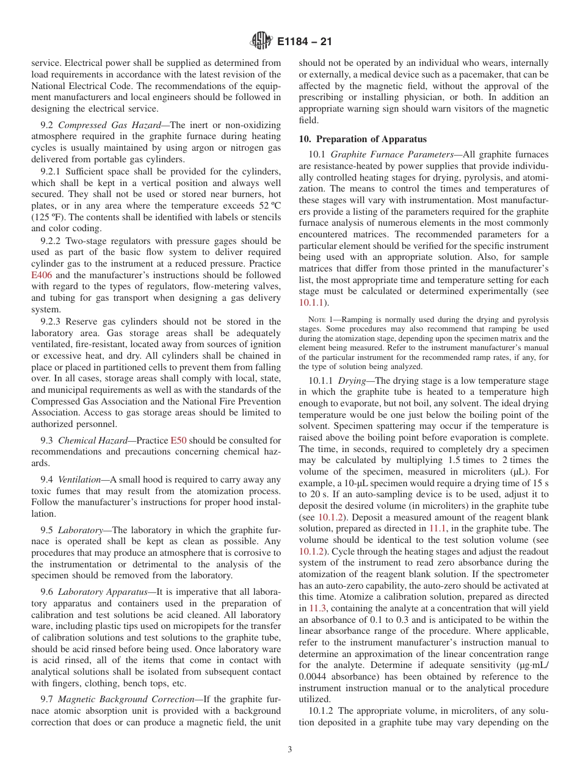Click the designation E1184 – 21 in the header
click(x=304, y=42)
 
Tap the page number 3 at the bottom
click(x=290, y=750)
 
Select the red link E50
click(x=178, y=440)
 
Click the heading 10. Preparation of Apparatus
click(x=363, y=139)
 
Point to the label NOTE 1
click(x=320, y=320)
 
